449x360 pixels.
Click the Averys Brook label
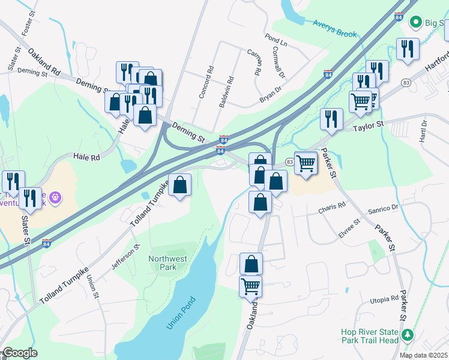pyautogui.click(x=334, y=28)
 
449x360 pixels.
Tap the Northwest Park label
pyautogui.click(x=167, y=263)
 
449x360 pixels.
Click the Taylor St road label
pyautogui.click(x=368, y=127)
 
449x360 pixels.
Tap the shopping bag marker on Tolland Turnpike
pyautogui.click(x=179, y=185)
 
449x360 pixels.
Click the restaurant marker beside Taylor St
pyautogui.click(x=331, y=119)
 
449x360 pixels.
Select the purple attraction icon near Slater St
pyautogui.click(x=55, y=196)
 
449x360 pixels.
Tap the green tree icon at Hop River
pyautogui.click(x=408, y=334)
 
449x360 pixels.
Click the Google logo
pyautogui.click(x=19, y=353)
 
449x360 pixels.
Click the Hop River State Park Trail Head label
pyautogui.click(x=370, y=336)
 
